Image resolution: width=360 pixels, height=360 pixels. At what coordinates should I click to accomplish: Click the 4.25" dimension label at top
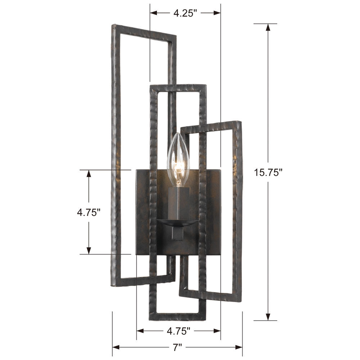pos(185,13)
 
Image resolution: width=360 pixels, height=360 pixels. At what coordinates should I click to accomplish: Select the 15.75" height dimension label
pos(268,172)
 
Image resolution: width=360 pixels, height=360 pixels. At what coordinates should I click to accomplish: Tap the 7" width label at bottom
pos(177,347)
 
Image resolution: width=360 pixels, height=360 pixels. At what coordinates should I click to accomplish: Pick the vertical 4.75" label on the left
pos(89,212)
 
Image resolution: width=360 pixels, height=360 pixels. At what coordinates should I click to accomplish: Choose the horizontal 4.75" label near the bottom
pos(179,331)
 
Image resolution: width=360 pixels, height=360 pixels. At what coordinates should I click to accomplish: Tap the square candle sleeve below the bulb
pos(179,203)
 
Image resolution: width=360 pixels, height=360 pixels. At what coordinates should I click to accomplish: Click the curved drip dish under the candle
pos(177,223)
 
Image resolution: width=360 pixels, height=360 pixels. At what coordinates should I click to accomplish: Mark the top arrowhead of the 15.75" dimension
pos(268,27)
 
